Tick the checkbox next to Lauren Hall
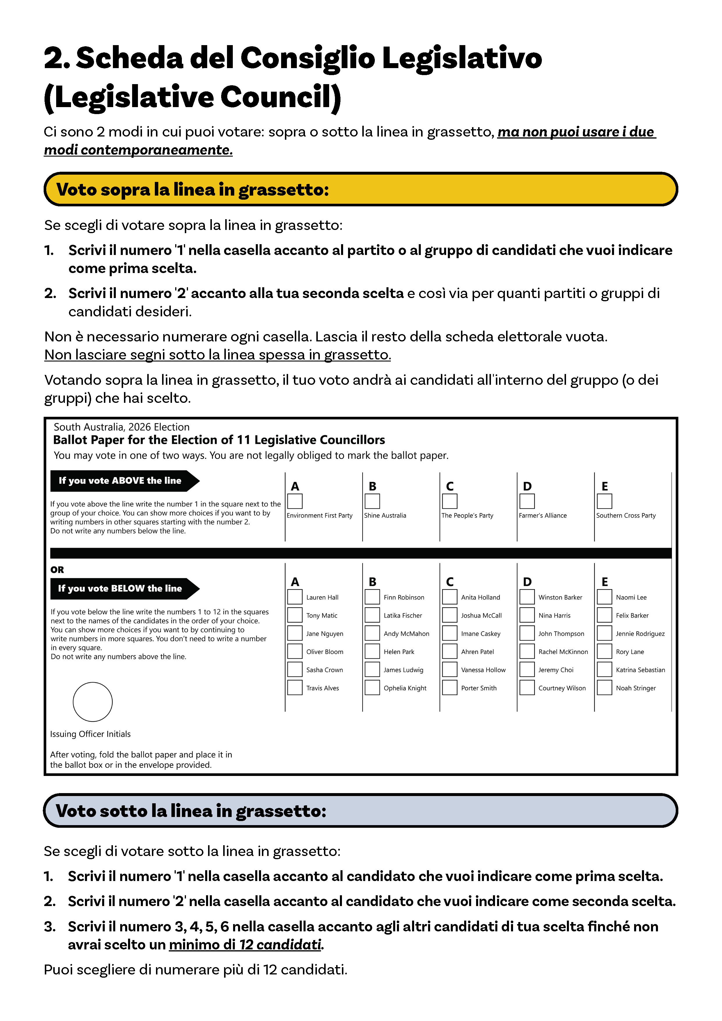[x=295, y=597]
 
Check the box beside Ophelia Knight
[x=372, y=687]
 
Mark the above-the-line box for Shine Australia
[x=372, y=501]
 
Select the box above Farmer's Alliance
[x=527, y=501]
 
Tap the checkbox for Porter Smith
[x=450, y=687]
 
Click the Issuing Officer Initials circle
[x=93, y=702]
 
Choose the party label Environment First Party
[x=319, y=515]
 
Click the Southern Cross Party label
[x=625, y=515]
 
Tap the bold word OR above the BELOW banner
[x=57, y=570]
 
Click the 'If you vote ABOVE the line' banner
[x=120, y=481]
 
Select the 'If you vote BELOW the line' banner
[x=120, y=588]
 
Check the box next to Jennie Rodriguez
[x=604, y=633]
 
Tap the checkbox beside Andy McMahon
[x=372, y=633]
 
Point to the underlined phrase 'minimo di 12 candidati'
[x=245, y=944]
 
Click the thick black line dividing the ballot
[x=360, y=553]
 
